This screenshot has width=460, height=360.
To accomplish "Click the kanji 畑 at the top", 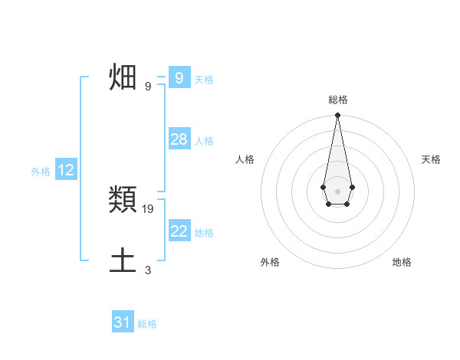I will [x=123, y=78].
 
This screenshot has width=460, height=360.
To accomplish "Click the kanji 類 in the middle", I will [x=123, y=201].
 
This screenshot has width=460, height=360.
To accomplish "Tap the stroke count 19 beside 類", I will [x=148, y=208].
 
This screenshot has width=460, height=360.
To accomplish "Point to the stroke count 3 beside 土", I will [x=148, y=270].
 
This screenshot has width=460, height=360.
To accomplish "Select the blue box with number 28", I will [x=179, y=139].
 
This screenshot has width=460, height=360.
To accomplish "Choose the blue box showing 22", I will [x=179, y=231].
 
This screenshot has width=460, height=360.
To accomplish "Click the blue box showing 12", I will [x=66, y=170].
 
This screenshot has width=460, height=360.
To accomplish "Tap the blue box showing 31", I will [x=123, y=322].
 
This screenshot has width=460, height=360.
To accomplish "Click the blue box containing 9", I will [x=179, y=77].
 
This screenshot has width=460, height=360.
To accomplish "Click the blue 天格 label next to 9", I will [x=204, y=79].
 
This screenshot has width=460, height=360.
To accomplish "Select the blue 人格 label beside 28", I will [x=204, y=141].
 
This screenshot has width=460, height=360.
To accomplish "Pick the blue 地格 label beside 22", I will [x=204, y=233].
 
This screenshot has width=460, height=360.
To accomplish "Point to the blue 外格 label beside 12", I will [x=41, y=172].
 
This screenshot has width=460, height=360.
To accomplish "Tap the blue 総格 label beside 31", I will [x=147, y=324].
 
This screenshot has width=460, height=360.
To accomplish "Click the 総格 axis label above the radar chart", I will [x=338, y=100].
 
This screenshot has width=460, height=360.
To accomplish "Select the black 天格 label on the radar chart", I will [x=432, y=159].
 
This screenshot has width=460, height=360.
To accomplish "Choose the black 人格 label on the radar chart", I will [x=245, y=159].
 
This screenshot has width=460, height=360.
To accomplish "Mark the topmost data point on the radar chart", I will [x=338, y=116].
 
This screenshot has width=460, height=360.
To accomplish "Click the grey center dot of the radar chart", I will [x=338, y=191].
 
